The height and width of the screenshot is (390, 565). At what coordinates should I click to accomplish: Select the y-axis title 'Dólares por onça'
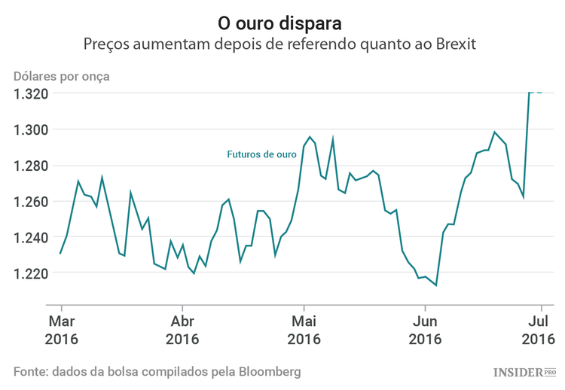62,76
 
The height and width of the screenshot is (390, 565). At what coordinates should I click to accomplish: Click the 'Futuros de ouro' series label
261,154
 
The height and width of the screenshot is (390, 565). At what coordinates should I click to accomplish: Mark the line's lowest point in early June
436,285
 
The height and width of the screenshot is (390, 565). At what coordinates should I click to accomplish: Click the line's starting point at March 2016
60,253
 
